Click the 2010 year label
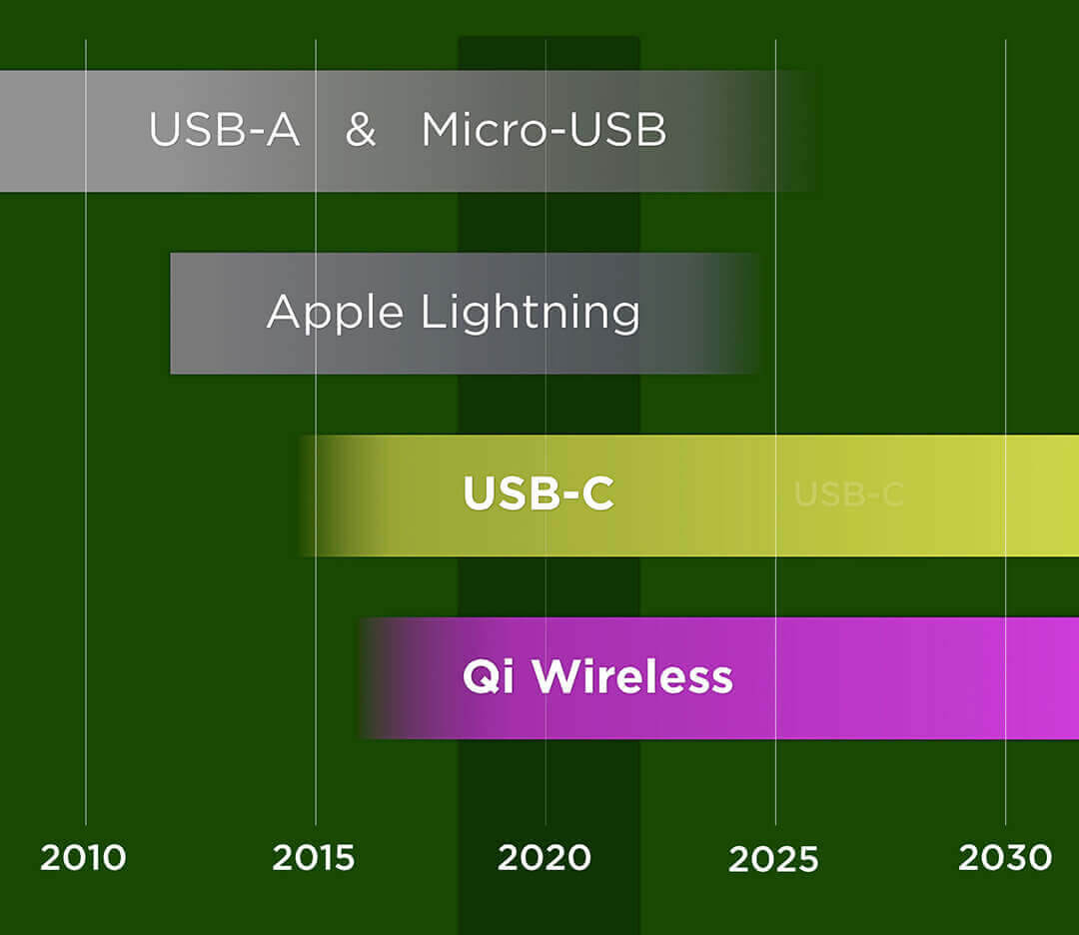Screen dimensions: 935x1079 83,858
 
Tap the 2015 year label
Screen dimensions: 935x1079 314,858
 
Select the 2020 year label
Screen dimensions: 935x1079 544,858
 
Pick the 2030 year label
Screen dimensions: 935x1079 1005,858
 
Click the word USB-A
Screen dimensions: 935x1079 224,131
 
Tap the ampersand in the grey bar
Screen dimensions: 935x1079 361,131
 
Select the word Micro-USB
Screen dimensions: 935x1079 543,131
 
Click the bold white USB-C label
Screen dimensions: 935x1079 538,494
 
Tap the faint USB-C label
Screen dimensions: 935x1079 848,494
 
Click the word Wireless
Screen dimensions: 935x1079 632,678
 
